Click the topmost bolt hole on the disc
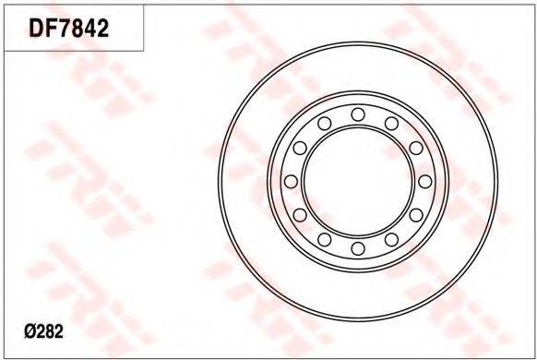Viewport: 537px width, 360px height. click(358, 114)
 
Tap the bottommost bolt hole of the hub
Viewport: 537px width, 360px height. click(358, 248)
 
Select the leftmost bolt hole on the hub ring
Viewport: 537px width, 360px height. click(291, 182)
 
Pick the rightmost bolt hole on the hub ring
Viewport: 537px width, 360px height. click(425, 182)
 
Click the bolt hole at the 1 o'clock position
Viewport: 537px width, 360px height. click(391, 124)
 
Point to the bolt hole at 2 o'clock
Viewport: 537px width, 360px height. click(416, 148)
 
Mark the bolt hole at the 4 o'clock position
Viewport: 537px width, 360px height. click(416, 215)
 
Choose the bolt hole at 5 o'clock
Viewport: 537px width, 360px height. click(391, 240)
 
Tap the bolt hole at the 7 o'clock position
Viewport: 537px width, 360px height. click(325, 240)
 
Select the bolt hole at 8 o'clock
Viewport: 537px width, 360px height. click(300, 215)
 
